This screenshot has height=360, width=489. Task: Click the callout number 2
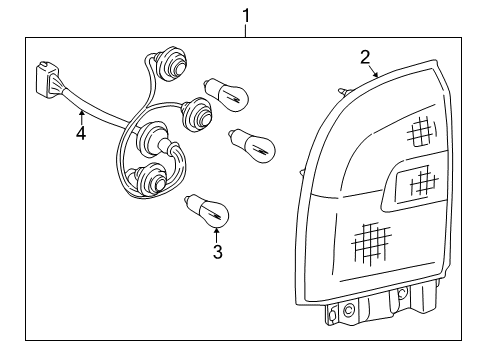coord(365,56)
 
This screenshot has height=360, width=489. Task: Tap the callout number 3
coord(217,251)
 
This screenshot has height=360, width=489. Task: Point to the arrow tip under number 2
coord(378,77)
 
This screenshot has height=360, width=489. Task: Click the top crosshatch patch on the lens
coord(421,131)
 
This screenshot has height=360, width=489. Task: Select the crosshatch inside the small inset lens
coord(423,181)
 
